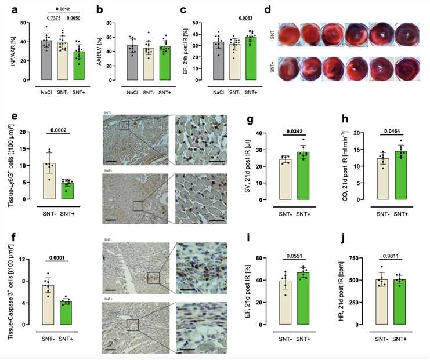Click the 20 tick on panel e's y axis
click(26, 132)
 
